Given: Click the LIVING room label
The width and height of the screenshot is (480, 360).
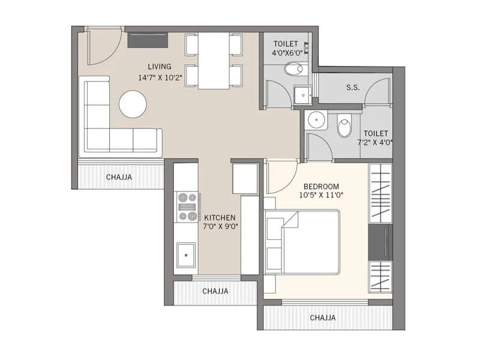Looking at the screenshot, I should pos(160,67).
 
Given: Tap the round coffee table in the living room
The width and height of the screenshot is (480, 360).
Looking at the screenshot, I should pos(133,104).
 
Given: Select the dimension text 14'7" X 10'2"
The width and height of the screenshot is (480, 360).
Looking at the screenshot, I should pos(160,77).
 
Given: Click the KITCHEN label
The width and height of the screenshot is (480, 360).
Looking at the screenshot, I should pos(220,218).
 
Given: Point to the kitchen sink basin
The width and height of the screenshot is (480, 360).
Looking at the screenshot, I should pos(186,256).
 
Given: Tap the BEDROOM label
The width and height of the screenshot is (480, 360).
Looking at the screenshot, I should pos(321,186).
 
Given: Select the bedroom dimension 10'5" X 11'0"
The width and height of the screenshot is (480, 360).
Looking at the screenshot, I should pos(321,195).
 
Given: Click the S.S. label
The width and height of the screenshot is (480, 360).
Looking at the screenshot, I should pos(353,88).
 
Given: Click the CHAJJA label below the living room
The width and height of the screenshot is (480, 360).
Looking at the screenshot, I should pos(119,177).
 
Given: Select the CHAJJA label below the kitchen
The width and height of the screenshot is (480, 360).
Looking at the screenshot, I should pos(215,291).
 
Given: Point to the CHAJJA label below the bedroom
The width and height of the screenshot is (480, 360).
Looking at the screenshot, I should pos(322,317).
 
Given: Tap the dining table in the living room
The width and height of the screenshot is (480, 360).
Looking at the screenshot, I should pos(214,60).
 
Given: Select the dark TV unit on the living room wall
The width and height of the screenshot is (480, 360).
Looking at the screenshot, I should pos(148,40).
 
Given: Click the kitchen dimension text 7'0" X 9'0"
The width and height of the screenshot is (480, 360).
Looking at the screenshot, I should pos(220,227).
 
